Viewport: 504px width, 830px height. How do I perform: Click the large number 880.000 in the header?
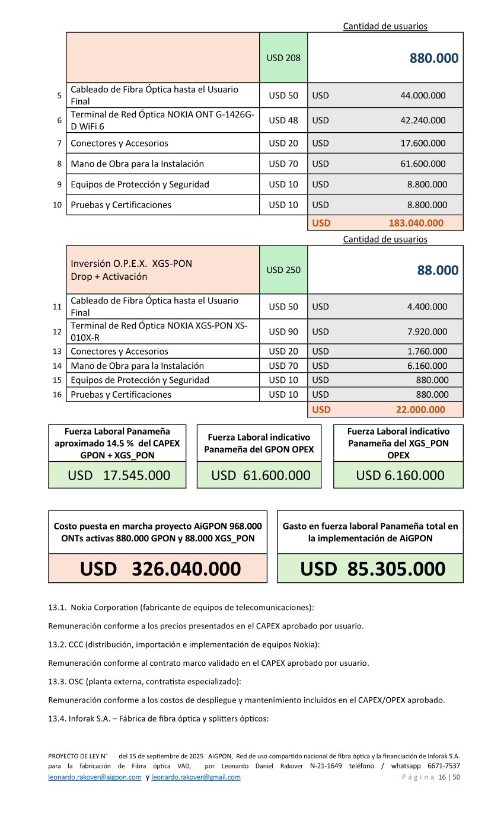(x=433, y=58)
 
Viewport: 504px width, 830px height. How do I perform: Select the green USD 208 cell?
(x=283, y=58)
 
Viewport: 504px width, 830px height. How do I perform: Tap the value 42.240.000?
(x=423, y=120)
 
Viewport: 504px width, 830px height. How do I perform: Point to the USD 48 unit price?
(x=283, y=120)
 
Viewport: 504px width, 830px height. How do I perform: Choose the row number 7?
(x=59, y=143)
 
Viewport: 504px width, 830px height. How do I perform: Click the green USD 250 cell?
(x=283, y=270)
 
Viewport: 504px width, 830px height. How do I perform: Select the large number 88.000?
(x=438, y=270)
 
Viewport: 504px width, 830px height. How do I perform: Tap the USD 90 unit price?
(x=283, y=331)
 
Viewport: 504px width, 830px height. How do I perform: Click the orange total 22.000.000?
(x=420, y=409)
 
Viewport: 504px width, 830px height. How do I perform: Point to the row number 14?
(x=58, y=366)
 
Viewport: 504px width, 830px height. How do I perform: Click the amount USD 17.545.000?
(x=119, y=475)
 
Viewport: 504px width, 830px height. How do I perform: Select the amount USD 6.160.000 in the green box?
(x=400, y=475)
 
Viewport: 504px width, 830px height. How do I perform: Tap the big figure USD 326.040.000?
(x=160, y=569)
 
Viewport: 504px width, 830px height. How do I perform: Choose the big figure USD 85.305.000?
(x=372, y=569)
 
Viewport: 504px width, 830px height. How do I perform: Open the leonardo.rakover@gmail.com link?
(x=196, y=777)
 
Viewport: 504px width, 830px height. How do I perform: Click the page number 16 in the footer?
(x=442, y=777)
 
